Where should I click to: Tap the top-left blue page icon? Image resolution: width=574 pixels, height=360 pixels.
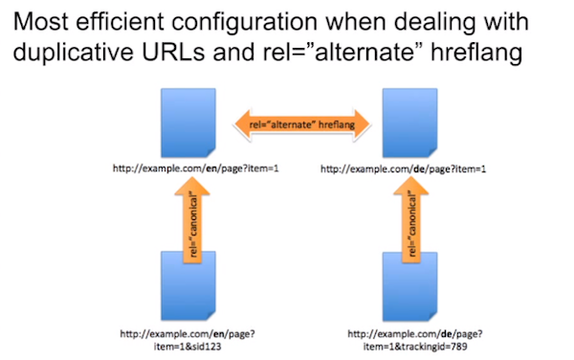(x=192, y=125)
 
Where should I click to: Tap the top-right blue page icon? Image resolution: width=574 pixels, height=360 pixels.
(x=408, y=125)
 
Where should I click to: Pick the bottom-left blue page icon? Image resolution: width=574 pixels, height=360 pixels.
(x=192, y=285)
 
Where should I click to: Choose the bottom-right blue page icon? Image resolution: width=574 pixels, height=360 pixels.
(x=408, y=285)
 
